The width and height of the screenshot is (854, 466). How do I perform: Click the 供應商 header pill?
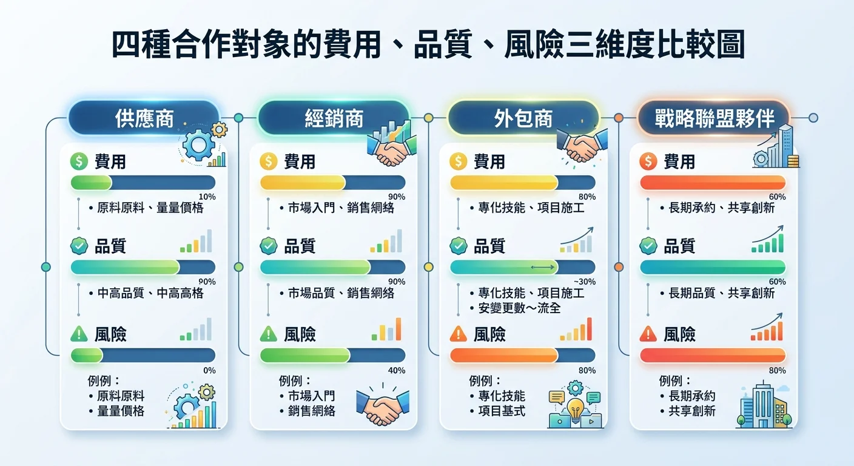pyautogui.click(x=144, y=118)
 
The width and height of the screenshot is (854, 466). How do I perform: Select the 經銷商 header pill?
pyautogui.click(x=334, y=118)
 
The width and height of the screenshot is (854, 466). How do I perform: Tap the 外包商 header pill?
pyautogui.click(x=523, y=118)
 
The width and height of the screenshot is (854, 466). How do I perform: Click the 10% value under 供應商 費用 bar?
pyautogui.click(x=207, y=197)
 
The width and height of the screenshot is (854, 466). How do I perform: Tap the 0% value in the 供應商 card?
pyautogui.click(x=209, y=370)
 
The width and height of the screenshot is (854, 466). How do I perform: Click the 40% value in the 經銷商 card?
pyautogui.click(x=397, y=370)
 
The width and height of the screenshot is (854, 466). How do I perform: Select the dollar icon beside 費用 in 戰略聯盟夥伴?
pyautogui.click(x=648, y=161)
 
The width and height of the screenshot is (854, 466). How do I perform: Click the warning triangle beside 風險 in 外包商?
pyautogui.click(x=459, y=334)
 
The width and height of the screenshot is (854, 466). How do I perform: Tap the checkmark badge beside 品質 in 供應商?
pyautogui.click(x=79, y=246)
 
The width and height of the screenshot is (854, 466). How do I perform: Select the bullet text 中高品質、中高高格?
pyautogui.click(x=150, y=293)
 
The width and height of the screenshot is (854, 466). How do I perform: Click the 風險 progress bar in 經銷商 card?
pyautogui.click(x=332, y=355)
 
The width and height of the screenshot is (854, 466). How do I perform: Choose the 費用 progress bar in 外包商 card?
pyautogui.click(x=522, y=183)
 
